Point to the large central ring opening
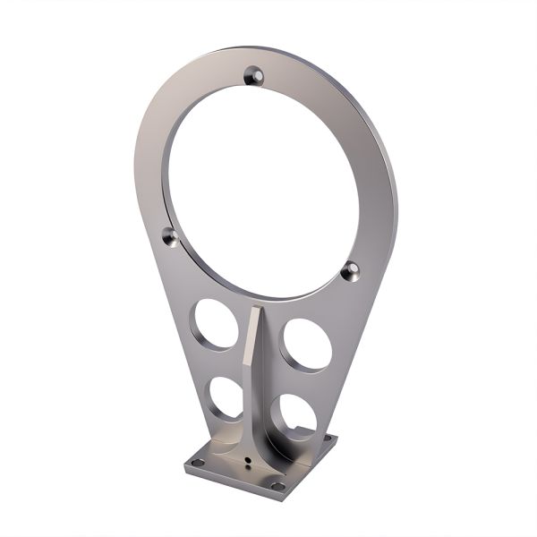[x=260, y=179]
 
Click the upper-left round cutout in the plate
[x=216, y=325]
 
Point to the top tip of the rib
[x=257, y=309]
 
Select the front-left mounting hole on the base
[x=199, y=463]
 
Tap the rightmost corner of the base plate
[x=337, y=439]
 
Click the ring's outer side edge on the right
[x=386, y=188]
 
